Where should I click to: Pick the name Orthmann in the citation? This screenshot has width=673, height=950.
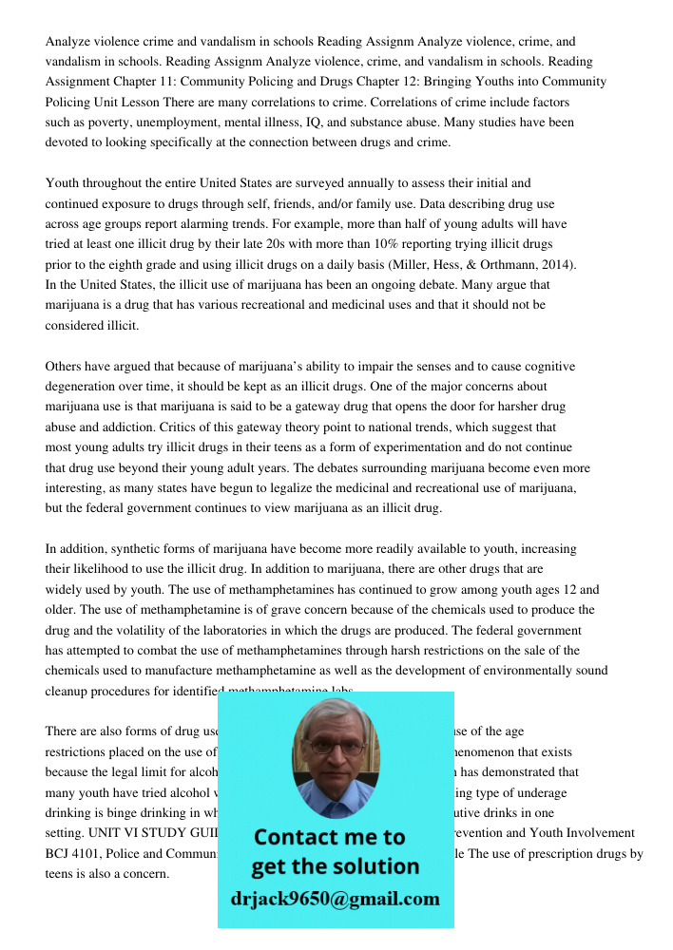click(500, 264)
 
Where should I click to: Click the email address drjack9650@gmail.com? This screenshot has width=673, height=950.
click(335, 899)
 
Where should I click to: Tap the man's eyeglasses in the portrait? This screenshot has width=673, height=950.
click(335, 747)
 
